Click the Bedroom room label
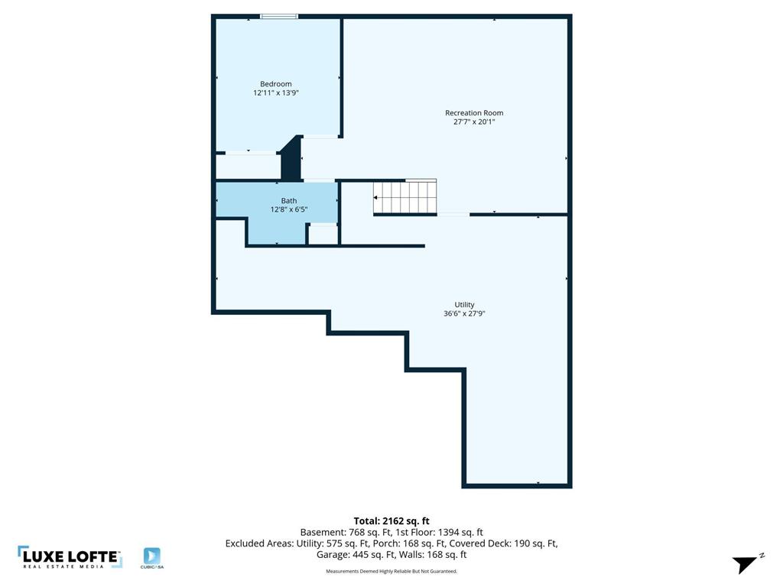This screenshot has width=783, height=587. (275, 84)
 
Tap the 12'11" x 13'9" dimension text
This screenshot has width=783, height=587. (275, 92)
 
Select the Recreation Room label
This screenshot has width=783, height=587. (474, 113)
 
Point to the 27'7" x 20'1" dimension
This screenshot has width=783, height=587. (474, 122)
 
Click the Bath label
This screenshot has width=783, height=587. (288, 201)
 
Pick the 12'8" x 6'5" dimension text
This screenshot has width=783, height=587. (288, 209)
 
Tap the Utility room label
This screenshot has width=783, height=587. (464, 304)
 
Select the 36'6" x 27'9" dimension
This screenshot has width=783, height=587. (464, 313)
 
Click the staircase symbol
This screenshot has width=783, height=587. (405, 196)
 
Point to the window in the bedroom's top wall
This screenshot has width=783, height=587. (279, 17)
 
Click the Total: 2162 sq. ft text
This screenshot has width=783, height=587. (391, 521)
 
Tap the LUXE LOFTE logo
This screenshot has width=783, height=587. (70, 557)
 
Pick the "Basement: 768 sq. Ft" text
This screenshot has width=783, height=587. (346, 533)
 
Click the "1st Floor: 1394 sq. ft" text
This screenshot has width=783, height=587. (439, 533)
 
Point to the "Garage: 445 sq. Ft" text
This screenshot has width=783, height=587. (356, 555)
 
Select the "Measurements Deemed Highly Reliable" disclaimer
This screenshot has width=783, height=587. (391, 571)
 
